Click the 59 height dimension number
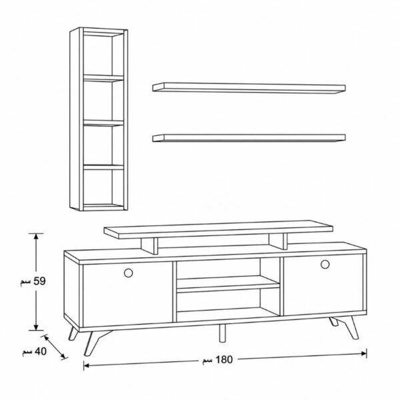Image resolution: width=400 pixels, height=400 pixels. (39, 281)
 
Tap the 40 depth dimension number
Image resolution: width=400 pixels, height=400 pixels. (41, 351)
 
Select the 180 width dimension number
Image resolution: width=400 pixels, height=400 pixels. (224, 360)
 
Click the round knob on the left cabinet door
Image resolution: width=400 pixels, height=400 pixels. (128, 273)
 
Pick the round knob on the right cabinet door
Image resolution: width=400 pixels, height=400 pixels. (325, 264)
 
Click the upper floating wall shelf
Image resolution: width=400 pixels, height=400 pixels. (249, 88)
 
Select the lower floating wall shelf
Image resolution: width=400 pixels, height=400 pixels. (249, 138)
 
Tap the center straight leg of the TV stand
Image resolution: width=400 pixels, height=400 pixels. (223, 333)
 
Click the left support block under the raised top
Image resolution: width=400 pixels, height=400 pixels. (149, 245)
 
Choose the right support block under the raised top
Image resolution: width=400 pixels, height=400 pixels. (278, 241)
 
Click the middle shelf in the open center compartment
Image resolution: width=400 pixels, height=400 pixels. (228, 284)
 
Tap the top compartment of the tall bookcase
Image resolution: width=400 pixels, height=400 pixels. (103, 54)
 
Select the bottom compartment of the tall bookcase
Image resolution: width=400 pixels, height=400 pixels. (103, 187)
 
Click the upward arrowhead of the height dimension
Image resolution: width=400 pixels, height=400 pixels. (36, 236)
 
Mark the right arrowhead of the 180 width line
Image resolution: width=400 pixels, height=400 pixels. (364, 353)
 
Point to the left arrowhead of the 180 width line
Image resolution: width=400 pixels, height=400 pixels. (87, 365)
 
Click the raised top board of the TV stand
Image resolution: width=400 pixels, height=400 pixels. (219, 229)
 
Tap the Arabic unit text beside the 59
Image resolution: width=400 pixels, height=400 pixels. (26, 282)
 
